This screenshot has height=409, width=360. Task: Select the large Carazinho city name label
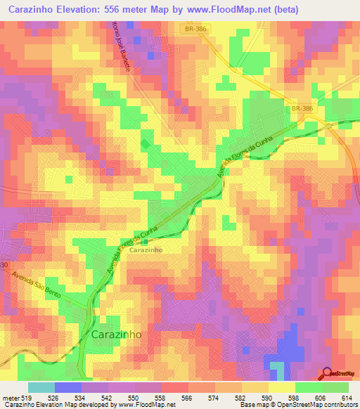point(116,335)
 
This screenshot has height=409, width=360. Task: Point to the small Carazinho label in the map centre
point(147,249)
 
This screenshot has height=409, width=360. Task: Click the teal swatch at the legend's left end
point(41,387)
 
